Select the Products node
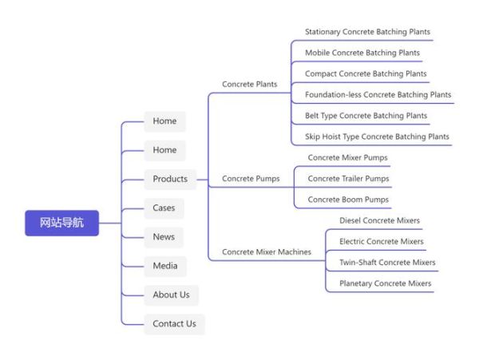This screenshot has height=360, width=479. [170, 179]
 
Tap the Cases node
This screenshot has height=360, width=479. [164, 208]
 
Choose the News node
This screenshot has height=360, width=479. [164, 237]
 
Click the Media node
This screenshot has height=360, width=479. [164, 266]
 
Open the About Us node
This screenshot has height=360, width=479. [171, 295]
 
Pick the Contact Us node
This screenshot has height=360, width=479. [174, 323]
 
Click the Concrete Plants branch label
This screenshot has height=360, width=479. [249, 84]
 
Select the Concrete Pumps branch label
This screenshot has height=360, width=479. [251, 179]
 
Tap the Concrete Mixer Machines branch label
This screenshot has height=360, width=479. [267, 252]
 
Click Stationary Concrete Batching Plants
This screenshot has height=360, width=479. [367, 32]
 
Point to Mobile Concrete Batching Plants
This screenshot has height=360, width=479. [362, 53]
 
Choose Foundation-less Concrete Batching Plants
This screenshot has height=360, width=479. [378, 94]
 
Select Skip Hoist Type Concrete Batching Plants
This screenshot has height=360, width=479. [377, 136]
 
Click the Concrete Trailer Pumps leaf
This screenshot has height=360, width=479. [348, 179]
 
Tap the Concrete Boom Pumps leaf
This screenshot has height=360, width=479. [347, 200]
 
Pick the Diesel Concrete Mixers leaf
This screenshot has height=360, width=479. [379, 220]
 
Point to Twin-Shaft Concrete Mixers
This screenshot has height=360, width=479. [387, 263]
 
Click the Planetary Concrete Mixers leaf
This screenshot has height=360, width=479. [385, 283]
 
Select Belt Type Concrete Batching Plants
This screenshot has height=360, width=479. [366, 116]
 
